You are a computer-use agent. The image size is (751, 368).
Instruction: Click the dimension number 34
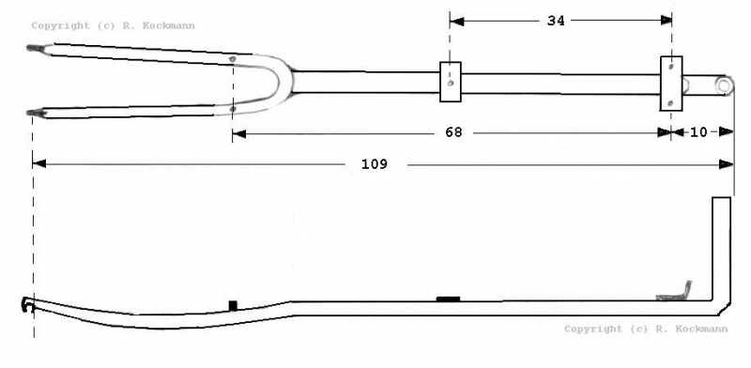click(x=556, y=21)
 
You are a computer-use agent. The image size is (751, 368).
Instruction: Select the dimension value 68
click(x=453, y=132)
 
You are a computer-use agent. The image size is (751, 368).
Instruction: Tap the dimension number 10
click(x=698, y=132)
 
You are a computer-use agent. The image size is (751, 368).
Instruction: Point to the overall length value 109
click(x=374, y=164)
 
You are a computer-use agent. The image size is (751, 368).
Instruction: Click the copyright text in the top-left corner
click(x=113, y=26)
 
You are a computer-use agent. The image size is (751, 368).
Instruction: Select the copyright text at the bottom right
click(x=646, y=330)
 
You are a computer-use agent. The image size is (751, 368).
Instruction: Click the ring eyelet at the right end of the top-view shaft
click(x=724, y=85)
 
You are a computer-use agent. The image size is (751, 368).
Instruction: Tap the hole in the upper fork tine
click(x=233, y=59)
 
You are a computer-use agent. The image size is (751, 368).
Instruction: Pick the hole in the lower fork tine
click(x=233, y=109)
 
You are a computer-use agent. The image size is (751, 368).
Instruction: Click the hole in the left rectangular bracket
click(x=450, y=83)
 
